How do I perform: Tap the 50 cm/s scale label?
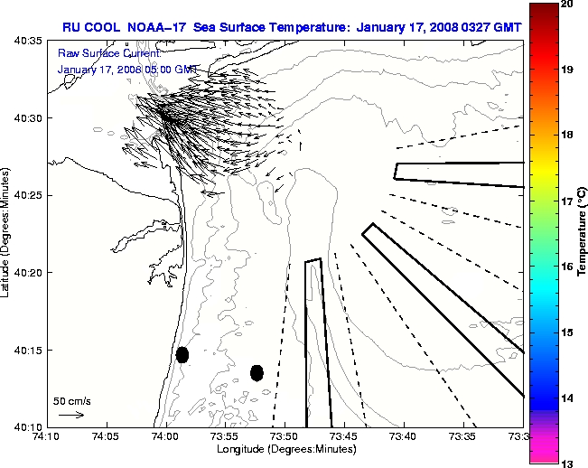[71, 399]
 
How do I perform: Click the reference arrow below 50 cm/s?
[71, 415]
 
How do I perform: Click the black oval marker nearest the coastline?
[182, 354]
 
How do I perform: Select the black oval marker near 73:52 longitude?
[257, 372]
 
